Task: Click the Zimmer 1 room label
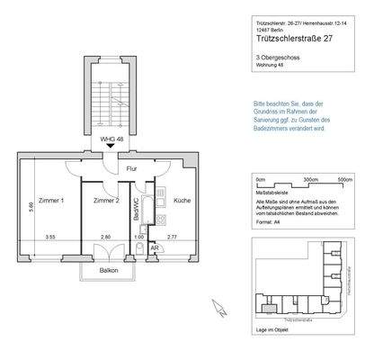click(50, 200)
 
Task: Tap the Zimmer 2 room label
click(108, 200)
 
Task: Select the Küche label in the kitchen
click(182, 200)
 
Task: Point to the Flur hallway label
click(130, 168)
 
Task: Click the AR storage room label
click(155, 247)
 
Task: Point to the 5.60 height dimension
click(30, 206)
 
